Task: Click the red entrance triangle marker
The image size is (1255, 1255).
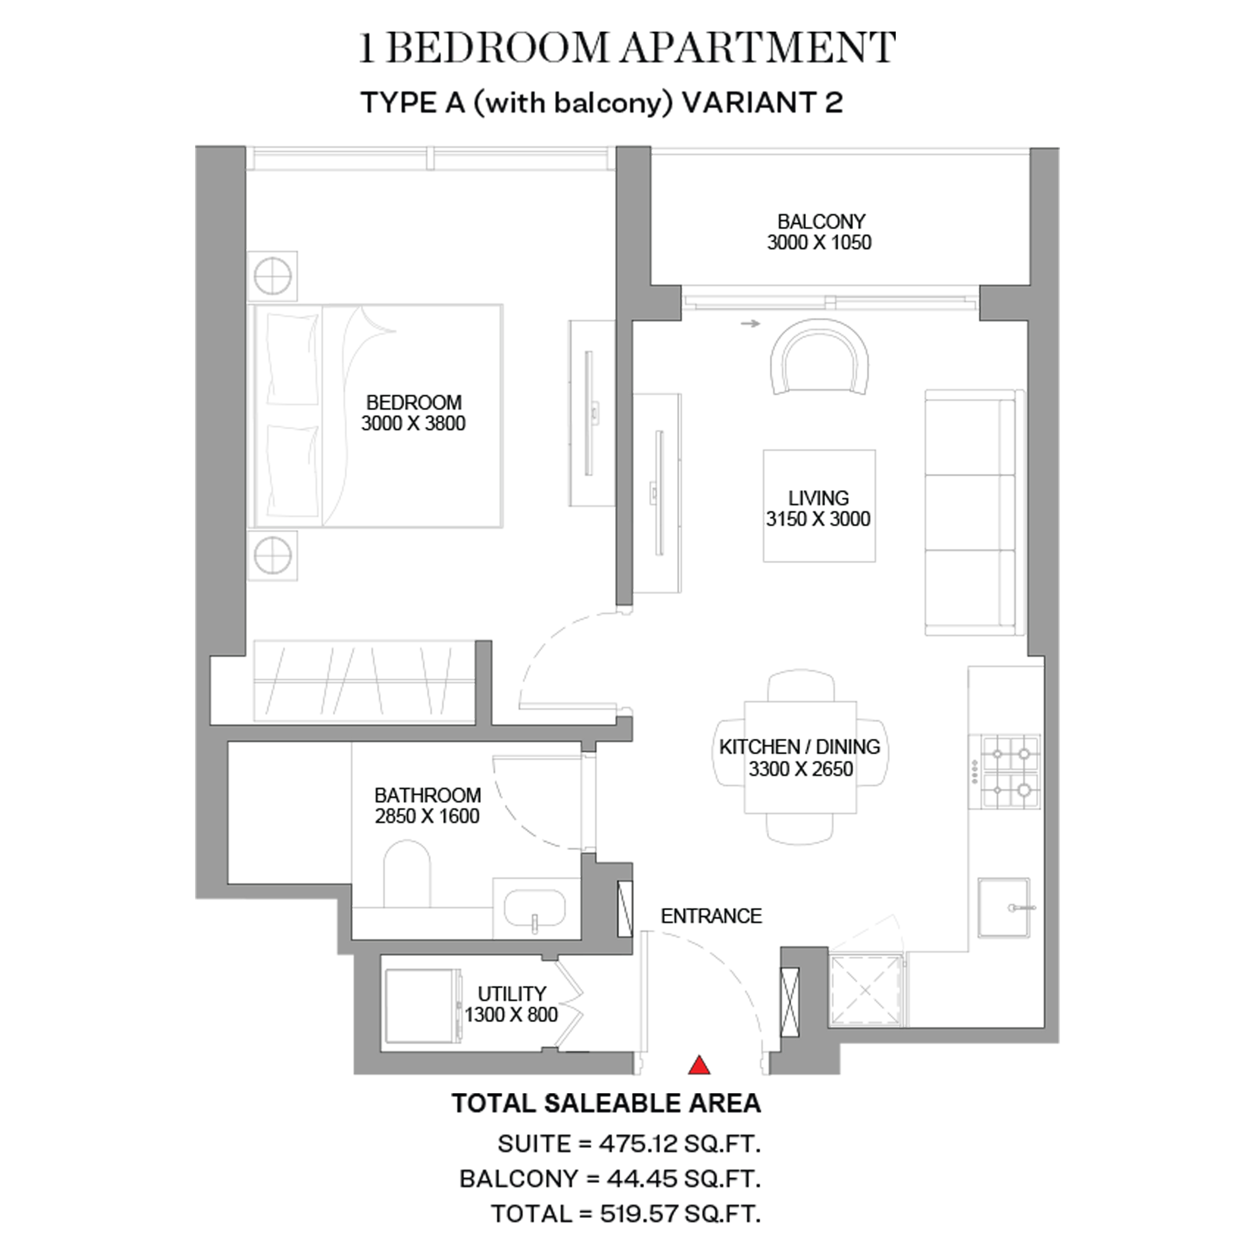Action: [699, 1065]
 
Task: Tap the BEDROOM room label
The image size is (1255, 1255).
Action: [414, 402]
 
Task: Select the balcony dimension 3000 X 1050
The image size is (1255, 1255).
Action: [819, 242]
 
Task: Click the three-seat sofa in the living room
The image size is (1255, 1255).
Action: [974, 512]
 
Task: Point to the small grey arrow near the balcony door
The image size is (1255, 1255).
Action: [750, 323]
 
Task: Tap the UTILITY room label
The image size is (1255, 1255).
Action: [512, 994]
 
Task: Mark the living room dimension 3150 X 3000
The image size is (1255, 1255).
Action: [819, 519]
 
